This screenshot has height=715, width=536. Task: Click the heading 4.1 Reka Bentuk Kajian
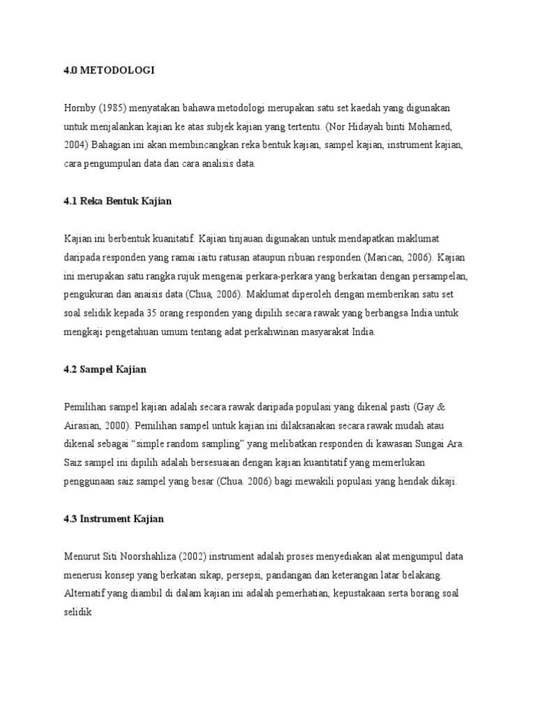pos(117,201)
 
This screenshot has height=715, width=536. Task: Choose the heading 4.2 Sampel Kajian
pos(105,369)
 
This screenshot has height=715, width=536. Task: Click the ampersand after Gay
pos(451,407)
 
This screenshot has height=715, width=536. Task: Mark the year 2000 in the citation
pos(117,426)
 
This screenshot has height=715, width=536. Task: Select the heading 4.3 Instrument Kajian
pos(114,519)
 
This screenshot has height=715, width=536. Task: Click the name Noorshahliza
pos(148,557)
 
